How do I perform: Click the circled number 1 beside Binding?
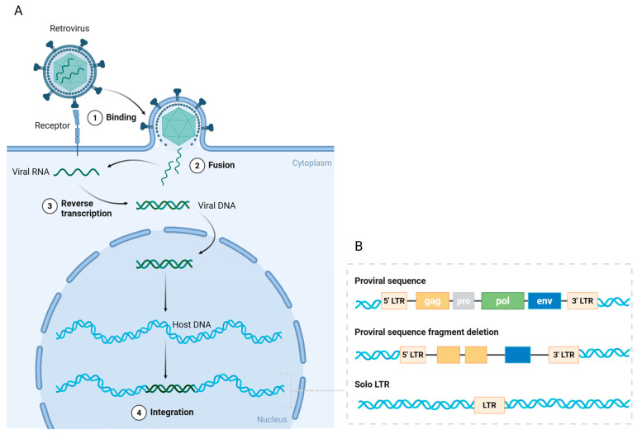95,118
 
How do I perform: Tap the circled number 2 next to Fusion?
197,166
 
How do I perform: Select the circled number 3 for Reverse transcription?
50,206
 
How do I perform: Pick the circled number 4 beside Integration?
139,413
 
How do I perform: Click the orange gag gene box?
433,301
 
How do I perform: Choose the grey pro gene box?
463,301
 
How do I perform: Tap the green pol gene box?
502,301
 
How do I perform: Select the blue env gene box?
544,301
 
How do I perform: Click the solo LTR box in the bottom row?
490,405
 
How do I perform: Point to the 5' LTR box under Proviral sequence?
394,301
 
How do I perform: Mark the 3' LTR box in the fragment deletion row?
563,355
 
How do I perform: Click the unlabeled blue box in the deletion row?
517,355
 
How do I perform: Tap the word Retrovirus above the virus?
69,28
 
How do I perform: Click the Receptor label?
52,125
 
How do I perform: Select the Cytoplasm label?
312,163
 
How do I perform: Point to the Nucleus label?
272,419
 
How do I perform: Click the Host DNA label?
192,324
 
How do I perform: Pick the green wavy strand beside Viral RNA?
76,172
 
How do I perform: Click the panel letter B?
359,246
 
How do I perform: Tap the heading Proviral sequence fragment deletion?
426,333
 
